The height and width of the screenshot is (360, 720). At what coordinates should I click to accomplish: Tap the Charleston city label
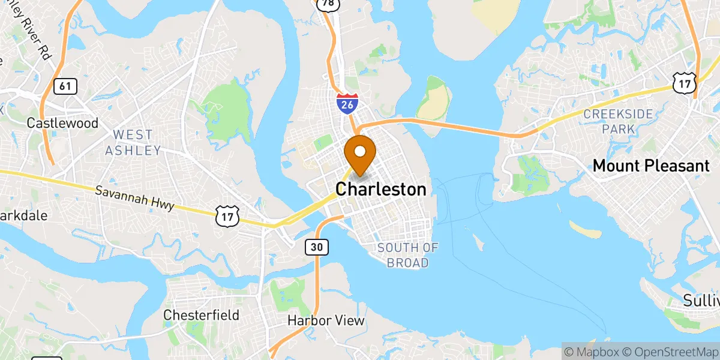tap(381, 190)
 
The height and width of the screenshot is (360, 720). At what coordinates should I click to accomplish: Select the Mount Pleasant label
tap(651, 166)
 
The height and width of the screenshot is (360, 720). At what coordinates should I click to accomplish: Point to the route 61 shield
tap(65, 86)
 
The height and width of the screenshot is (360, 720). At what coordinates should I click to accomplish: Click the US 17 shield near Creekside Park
tap(682, 83)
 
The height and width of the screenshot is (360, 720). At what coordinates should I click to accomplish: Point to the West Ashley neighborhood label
tap(133, 142)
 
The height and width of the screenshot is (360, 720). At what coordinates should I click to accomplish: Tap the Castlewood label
tap(62, 123)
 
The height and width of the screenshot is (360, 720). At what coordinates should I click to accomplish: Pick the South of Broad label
tap(408, 255)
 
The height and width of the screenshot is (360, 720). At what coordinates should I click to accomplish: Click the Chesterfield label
tap(202, 315)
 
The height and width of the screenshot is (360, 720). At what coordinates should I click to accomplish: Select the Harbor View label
tap(326, 320)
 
